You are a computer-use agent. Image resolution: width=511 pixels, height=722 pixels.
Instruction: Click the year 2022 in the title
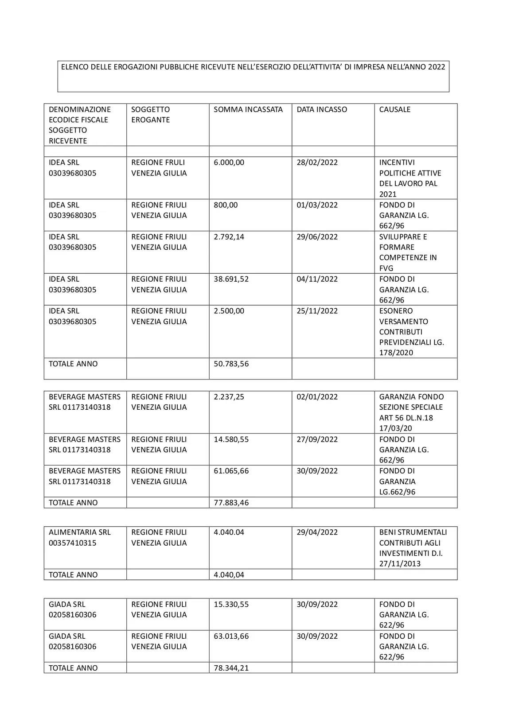(436, 67)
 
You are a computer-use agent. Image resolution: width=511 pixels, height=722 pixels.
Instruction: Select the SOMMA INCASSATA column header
(248, 109)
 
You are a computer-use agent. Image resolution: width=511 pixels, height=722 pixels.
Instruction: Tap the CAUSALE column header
(394, 109)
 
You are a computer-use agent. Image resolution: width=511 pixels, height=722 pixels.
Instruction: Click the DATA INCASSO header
(322, 109)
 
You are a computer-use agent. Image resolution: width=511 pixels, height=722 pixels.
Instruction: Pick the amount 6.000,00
(229, 163)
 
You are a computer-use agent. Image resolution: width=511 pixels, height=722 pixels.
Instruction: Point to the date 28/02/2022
(317, 163)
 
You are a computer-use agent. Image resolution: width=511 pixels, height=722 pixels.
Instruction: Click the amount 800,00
(226, 205)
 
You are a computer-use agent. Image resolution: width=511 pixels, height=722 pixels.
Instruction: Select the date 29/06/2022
(317, 237)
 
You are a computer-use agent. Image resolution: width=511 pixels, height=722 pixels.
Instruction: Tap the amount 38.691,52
(231, 279)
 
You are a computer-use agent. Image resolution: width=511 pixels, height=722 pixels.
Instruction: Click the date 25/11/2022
(317, 311)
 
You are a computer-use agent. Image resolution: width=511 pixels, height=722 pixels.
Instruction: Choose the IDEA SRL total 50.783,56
(231, 364)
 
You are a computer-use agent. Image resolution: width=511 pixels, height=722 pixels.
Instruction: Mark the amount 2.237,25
(229, 397)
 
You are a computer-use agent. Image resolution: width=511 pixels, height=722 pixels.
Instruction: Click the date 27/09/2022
(317, 439)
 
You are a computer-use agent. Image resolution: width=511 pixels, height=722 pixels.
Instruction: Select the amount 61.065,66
(231, 471)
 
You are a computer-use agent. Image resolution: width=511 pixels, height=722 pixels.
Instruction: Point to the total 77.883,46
(231, 503)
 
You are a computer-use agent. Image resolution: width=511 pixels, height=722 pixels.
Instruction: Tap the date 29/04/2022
(317, 532)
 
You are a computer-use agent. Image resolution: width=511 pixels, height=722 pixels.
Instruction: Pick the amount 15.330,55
(231, 604)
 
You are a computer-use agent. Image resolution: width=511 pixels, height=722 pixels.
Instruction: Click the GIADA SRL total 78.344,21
(231, 668)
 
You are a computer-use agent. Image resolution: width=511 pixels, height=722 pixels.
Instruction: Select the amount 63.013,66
(231, 636)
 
